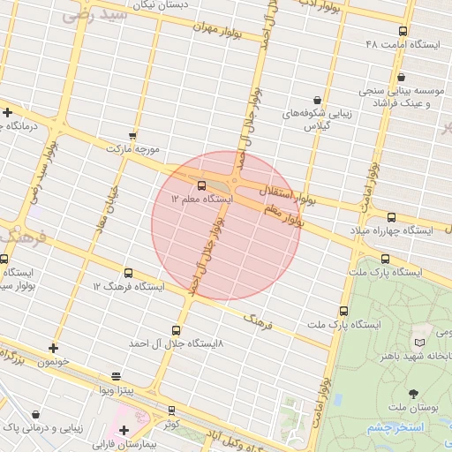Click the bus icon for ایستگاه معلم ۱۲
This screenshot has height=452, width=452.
(203, 186)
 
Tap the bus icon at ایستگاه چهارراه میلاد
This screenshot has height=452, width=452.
(391, 216)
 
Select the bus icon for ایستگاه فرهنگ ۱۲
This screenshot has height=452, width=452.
(129, 274)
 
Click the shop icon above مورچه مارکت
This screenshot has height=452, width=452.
(132, 136)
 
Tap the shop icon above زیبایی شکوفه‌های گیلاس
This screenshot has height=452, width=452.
(316, 100)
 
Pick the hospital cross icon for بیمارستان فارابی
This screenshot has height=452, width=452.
(124, 429)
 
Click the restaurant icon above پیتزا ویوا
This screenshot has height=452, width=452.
(115, 376)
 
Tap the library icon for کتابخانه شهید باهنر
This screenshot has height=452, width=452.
(418, 342)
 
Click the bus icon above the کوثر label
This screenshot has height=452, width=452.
(171, 410)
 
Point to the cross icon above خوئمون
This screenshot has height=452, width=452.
(54, 348)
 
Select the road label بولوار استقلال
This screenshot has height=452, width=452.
(285, 190)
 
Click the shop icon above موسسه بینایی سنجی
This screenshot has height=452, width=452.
(402, 77)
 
